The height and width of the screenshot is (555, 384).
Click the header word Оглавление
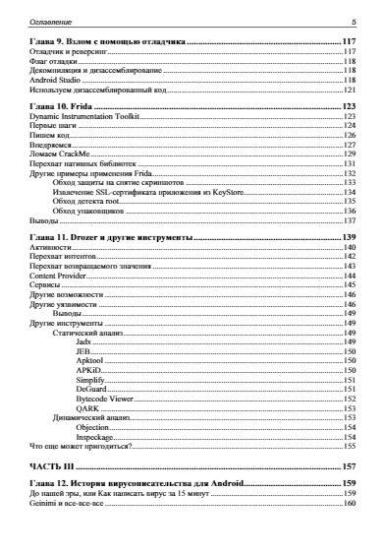click(x=36, y=21)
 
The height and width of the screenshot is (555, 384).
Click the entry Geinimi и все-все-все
click(x=66, y=504)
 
